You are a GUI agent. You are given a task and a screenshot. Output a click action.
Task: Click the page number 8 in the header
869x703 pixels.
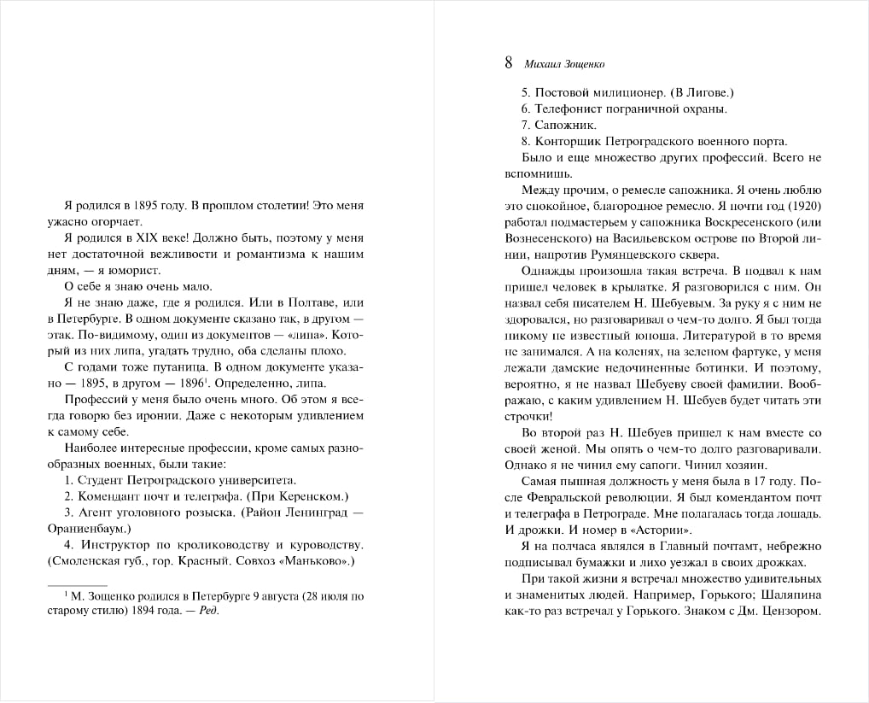point(510,62)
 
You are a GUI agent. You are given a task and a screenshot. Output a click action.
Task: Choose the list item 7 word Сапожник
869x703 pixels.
point(566,125)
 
